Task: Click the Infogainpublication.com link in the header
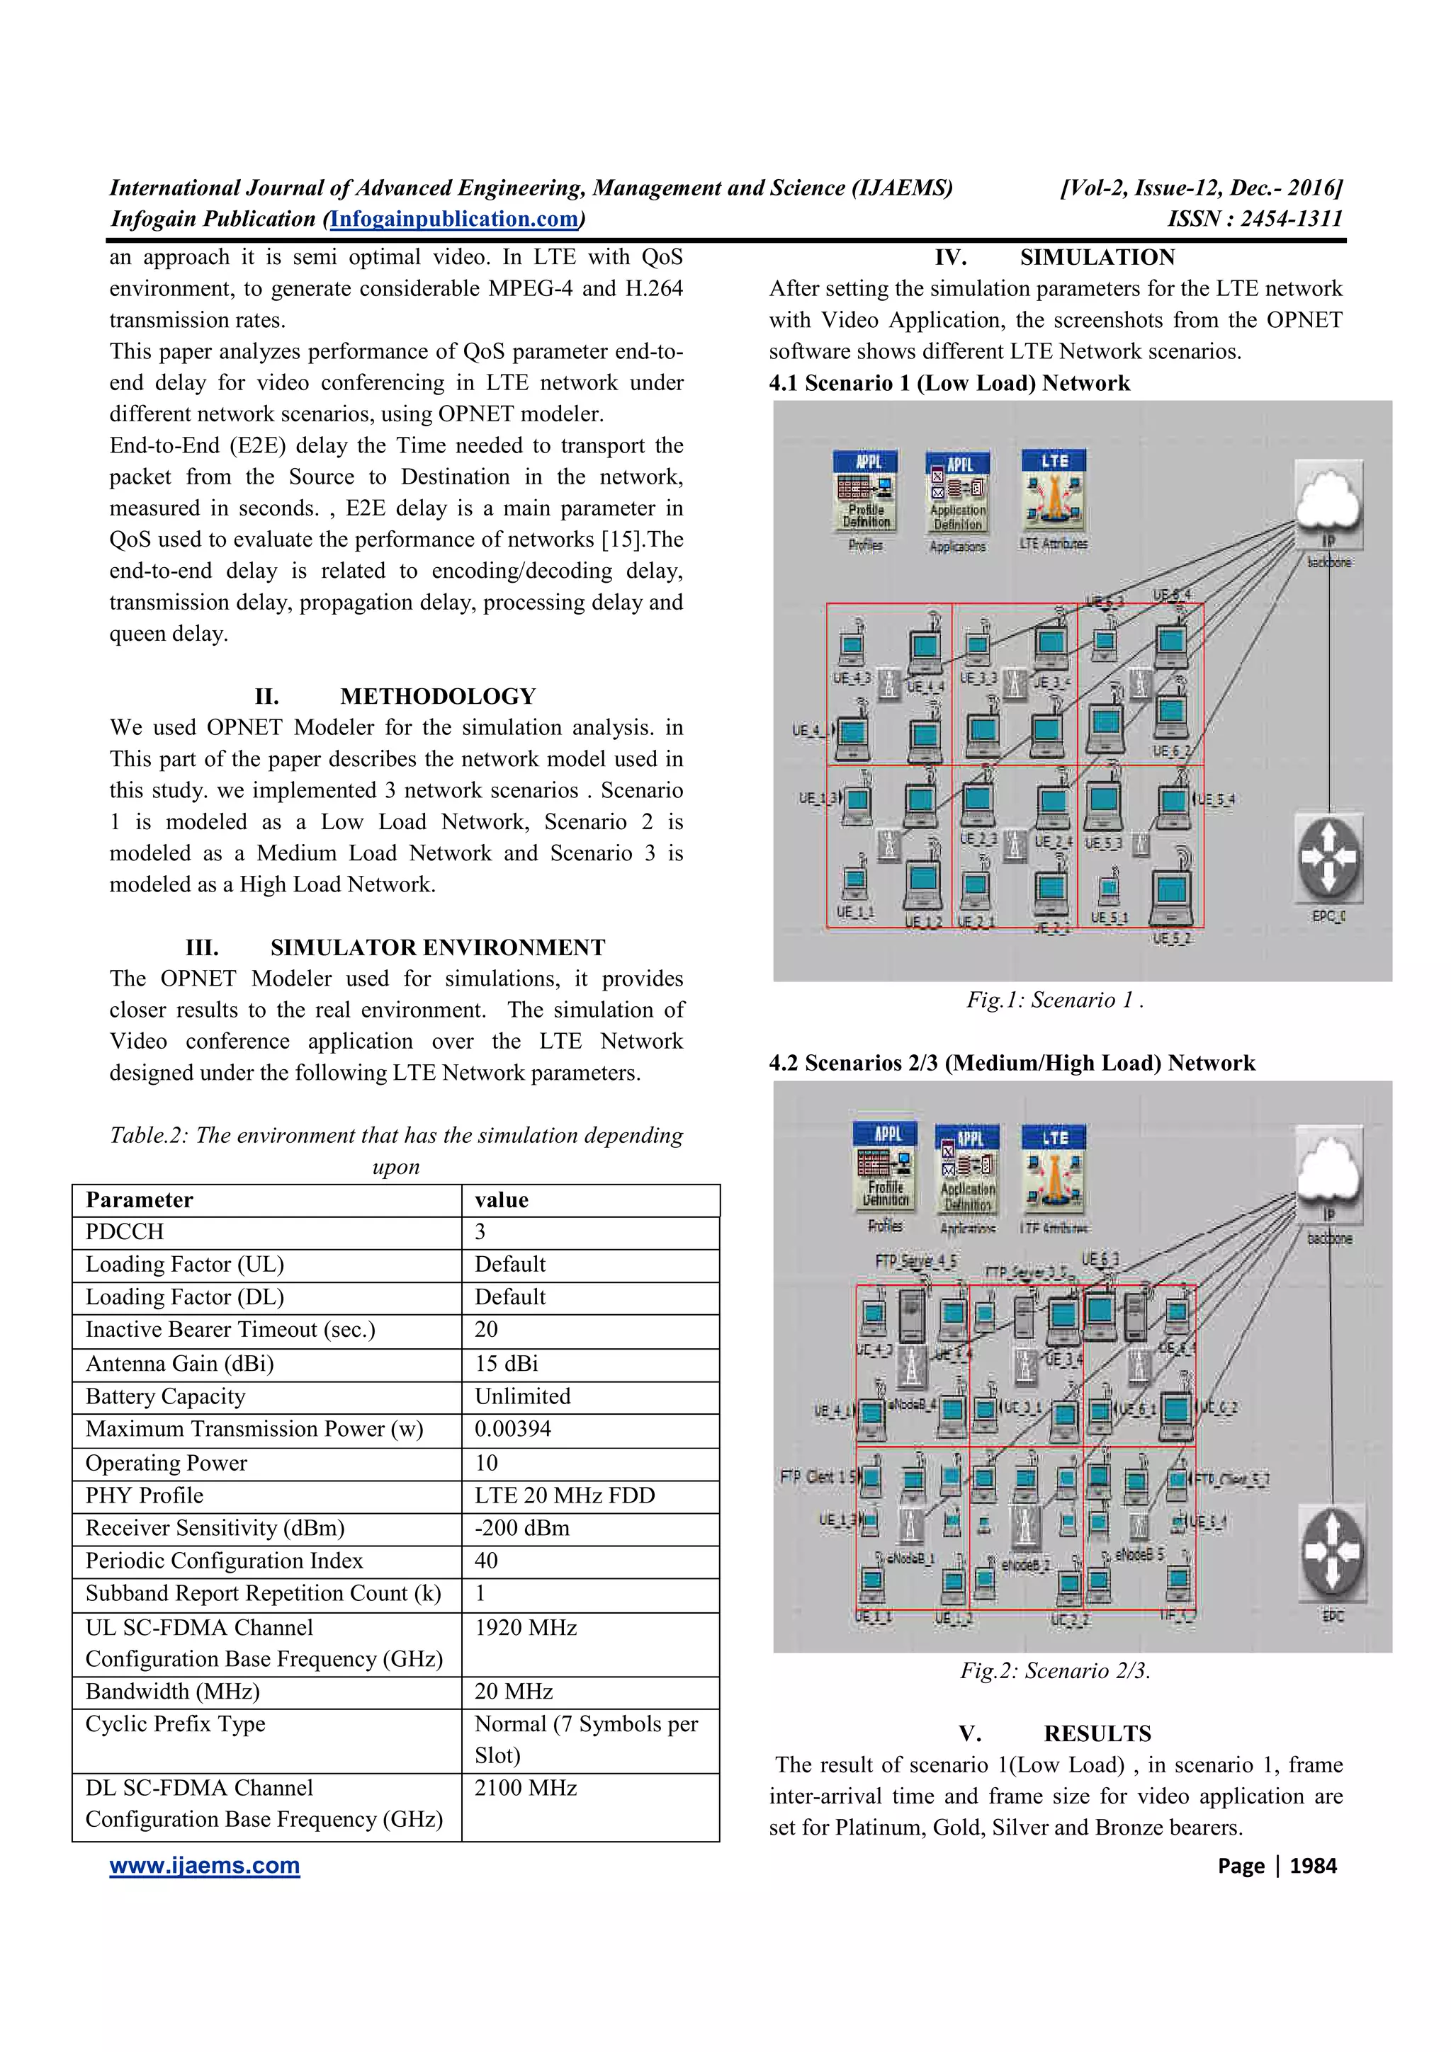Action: click(x=454, y=219)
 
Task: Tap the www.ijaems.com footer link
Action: click(x=205, y=1866)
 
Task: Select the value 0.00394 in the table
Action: click(x=512, y=1429)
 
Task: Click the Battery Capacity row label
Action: click(x=165, y=1397)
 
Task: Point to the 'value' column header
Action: click(x=502, y=1200)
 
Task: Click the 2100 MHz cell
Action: click(x=526, y=1789)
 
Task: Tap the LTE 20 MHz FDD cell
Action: click(x=564, y=1496)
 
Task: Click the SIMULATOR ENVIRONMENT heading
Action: click(x=437, y=947)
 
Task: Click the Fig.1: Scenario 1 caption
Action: click(x=1054, y=1000)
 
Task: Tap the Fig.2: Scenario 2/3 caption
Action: click(x=1055, y=1671)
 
